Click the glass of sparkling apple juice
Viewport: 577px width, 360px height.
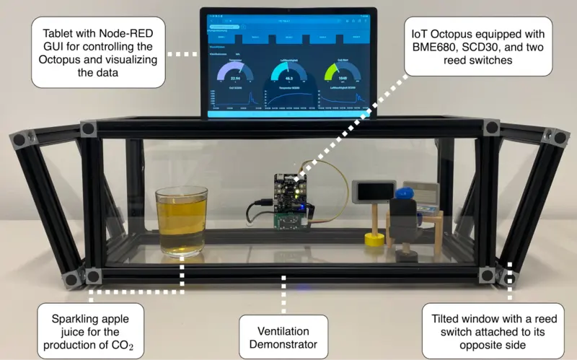(181, 222)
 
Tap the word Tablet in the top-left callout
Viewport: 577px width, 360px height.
(61, 33)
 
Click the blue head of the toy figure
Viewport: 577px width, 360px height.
(404, 193)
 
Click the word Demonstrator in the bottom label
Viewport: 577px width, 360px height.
(283, 345)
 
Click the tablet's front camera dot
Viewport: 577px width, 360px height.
(288, 12)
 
